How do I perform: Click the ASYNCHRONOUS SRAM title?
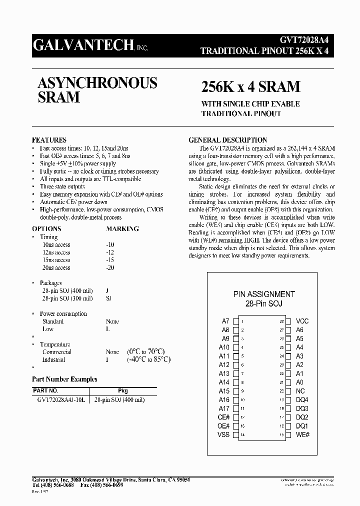click(97, 90)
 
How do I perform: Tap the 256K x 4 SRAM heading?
click(250, 86)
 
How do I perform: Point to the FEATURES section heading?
click(49, 140)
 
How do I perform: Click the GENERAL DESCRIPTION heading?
click(227, 140)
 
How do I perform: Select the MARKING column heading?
click(122, 229)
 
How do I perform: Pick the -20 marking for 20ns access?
click(110, 268)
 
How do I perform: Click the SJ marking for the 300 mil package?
click(108, 298)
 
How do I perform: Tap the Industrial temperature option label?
click(53, 359)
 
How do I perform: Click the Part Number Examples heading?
click(64, 379)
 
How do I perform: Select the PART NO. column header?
click(45, 390)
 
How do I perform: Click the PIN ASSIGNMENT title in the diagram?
click(264, 294)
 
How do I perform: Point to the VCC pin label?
click(302, 321)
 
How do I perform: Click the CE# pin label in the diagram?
click(223, 417)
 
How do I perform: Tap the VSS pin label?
click(223, 434)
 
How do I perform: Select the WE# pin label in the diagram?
click(303, 434)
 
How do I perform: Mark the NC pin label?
click(300, 391)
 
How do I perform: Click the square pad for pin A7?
click(236, 321)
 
